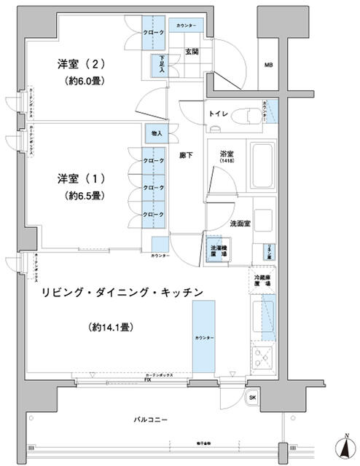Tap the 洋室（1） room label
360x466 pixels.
click(77, 178)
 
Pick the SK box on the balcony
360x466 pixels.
click(252, 398)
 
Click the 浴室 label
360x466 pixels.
click(226, 154)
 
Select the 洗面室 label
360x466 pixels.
click(240, 224)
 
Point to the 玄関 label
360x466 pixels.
click(192, 52)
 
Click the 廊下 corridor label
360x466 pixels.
click(186, 155)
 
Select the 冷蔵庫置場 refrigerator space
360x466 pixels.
click(262, 281)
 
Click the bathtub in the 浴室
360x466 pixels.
click(262, 168)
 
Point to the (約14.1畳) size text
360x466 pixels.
click(111, 328)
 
